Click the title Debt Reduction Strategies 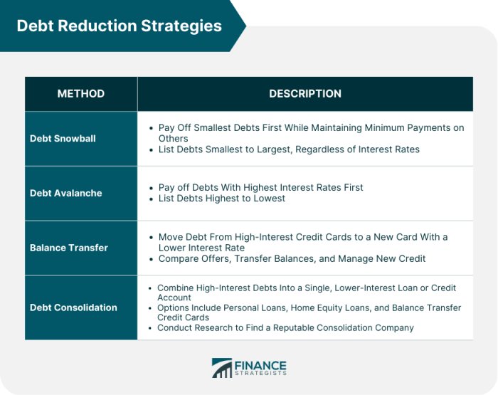[x=119, y=26]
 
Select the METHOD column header [x=81, y=94]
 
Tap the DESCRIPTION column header [x=304, y=94]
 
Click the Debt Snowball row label [x=63, y=139]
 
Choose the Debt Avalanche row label [x=65, y=193]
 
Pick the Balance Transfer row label [x=68, y=248]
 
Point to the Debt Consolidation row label [x=73, y=307]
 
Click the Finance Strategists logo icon [x=222, y=368]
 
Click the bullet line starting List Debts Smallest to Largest [x=289, y=149]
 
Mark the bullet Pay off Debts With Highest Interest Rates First [x=260, y=187]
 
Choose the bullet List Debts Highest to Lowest [x=221, y=198]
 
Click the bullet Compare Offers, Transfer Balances [x=292, y=258]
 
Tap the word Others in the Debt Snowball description [x=173, y=139]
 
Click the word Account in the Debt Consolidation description [x=174, y=297]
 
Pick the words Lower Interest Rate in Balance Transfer [x=201, y=248]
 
